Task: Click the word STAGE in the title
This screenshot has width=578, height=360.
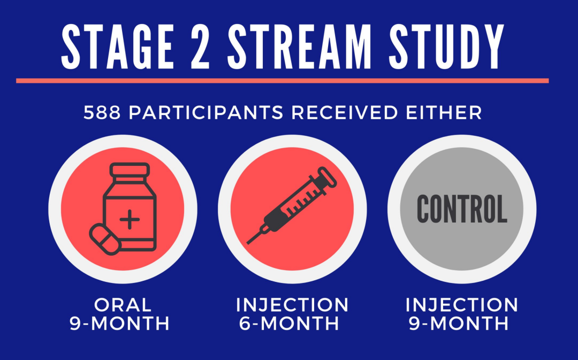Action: coord(117,47)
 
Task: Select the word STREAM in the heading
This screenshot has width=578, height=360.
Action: coord(299,47)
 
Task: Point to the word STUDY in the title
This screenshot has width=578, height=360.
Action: coord(446,47)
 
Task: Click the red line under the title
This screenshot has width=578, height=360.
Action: coord(283,81)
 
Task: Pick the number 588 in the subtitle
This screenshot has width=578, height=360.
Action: coord(102,113)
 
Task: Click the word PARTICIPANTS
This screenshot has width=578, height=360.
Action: coord(206,113)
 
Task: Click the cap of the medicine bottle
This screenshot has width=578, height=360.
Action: coord(130,170)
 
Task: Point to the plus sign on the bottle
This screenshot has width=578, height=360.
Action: coord(130,219)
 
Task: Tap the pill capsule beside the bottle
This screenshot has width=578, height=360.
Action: coord(105,239)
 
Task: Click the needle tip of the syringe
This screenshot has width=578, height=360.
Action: coord(247,243)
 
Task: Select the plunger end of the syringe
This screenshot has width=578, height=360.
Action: coord(328,177)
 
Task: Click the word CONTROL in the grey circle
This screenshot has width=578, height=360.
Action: coord(462,209)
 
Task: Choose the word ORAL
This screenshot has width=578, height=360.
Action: coord(123,305)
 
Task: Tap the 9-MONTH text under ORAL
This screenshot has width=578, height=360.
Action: coord(120,323)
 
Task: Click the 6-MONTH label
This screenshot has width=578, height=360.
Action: coord(289,323)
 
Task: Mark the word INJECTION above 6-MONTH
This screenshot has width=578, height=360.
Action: coord(292,305)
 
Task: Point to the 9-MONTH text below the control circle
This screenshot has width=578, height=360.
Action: coord(459,323)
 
